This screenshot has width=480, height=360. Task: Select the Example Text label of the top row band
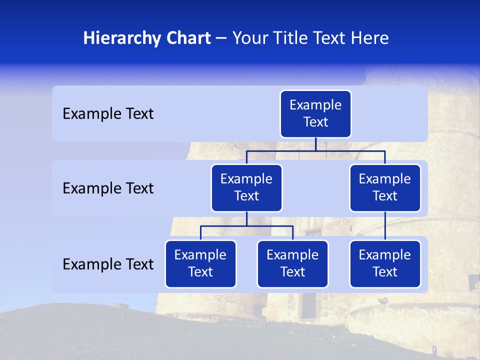coord(108,114)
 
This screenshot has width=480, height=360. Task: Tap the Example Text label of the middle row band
coord(108,188)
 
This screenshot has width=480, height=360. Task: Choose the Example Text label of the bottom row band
coord(108,264)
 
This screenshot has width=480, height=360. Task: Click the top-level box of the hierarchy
coord(315,114)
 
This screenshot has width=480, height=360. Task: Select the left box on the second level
coord(246,188)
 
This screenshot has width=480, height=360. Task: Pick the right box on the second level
coord(385,188)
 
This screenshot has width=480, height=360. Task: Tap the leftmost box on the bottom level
coord(200,264)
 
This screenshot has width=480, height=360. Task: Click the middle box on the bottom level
coord(292,264)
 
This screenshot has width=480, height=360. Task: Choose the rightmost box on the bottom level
coord(385,264)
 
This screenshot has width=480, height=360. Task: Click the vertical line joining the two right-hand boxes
coord(385,226)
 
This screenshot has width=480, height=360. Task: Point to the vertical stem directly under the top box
coord(315,144)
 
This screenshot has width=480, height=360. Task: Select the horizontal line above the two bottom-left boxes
coord(270,226)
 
